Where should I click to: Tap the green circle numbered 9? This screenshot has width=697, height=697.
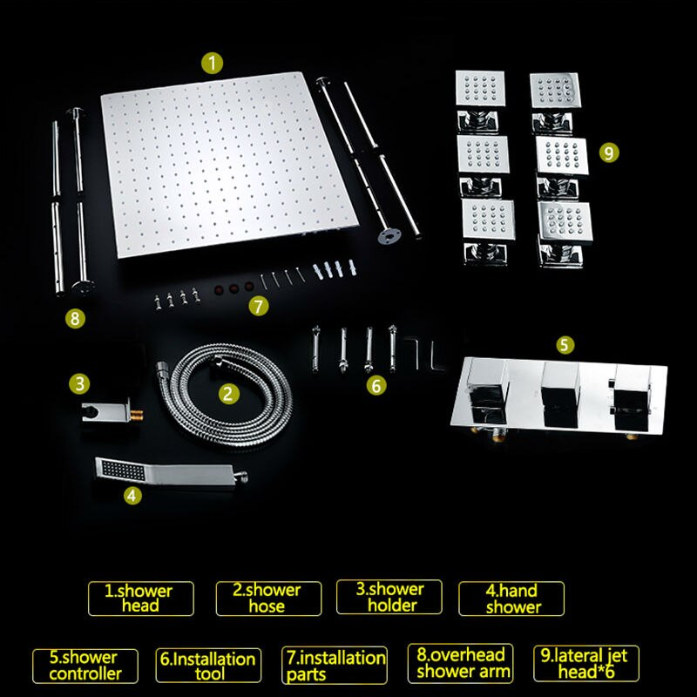[x=609, y=152]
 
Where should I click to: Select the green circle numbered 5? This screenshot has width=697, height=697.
[x=565, y=345]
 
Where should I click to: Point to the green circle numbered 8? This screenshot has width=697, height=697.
[x=77, y=319]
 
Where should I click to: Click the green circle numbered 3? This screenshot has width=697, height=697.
[x=80, y=382]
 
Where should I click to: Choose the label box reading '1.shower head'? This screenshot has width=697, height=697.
[x=139, y=598]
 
